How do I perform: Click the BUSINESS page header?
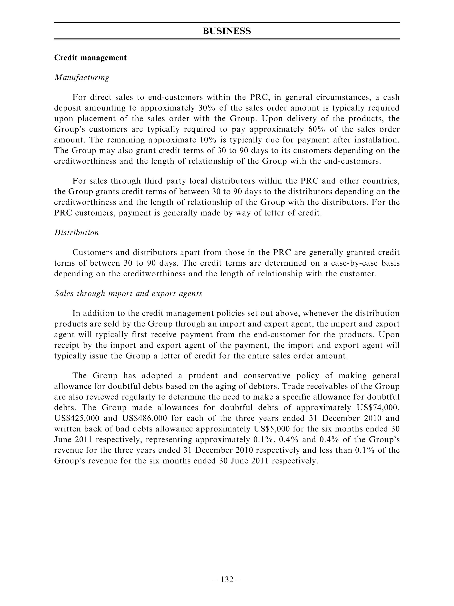point(227,31)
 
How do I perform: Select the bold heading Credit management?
point(90,58)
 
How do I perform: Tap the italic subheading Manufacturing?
point(82,78)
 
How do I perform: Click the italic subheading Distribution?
point(77,233)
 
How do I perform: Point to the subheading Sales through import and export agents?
point(128,294)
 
